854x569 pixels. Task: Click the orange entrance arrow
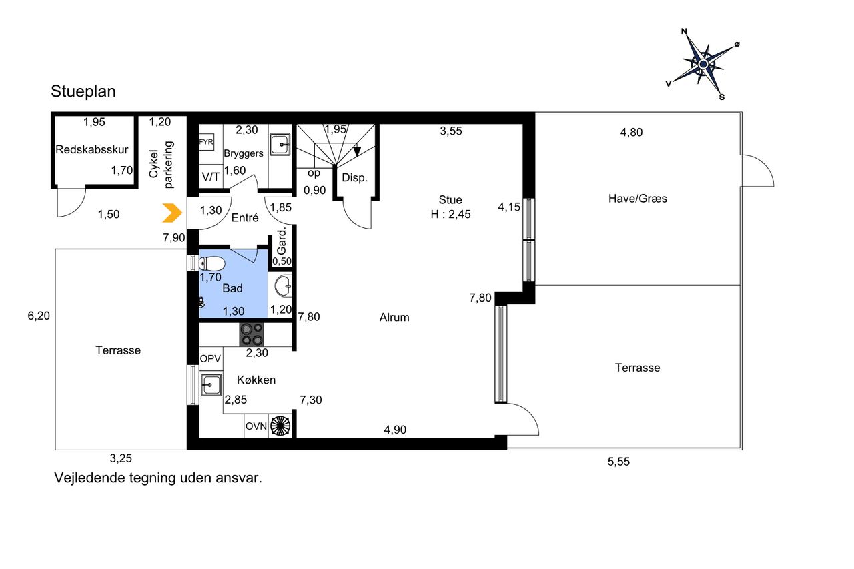pos(172,213)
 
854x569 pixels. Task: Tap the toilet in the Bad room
pos(212,263)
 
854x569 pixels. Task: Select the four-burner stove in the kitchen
pos(252,335)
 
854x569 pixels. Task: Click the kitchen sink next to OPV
pos(211,384)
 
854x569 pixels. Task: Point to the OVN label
pos(256,426)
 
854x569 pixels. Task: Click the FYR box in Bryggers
pos(206,142)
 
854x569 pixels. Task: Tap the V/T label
pos(210,177)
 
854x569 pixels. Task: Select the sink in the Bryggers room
pos(280,145)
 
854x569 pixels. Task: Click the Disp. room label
pos(354,177)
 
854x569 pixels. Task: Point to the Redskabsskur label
pos(92,149)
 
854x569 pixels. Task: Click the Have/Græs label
pos(637,199)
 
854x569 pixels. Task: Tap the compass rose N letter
pos(684,31)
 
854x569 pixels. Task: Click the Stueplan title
pos(83,91)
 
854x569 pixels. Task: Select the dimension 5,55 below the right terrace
pos(618,462)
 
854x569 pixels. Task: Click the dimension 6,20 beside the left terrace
pos(39,316)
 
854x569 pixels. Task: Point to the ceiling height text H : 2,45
pos(450,214)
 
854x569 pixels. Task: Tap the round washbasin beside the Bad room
pos(283,286)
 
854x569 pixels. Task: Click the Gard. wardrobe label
pos(282,241)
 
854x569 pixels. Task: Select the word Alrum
pos(394,317)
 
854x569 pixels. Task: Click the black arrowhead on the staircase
pos(357,151)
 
